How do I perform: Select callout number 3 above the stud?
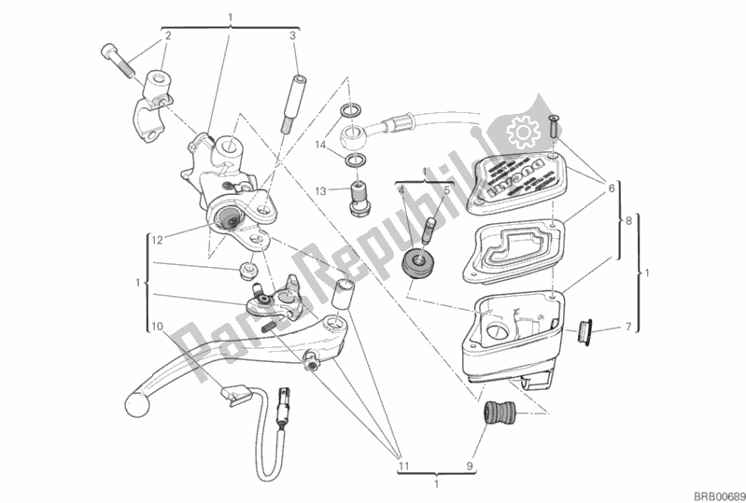[x=292, y=36]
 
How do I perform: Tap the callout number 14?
[x=320, y=146]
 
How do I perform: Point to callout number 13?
[x=320, y=191]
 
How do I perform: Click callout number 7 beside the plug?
[x=629, y=327]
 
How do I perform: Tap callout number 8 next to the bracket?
[x=630, y=223]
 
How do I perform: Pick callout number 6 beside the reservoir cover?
[x=612, y=188]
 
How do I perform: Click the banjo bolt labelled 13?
[x=356, y=197]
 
